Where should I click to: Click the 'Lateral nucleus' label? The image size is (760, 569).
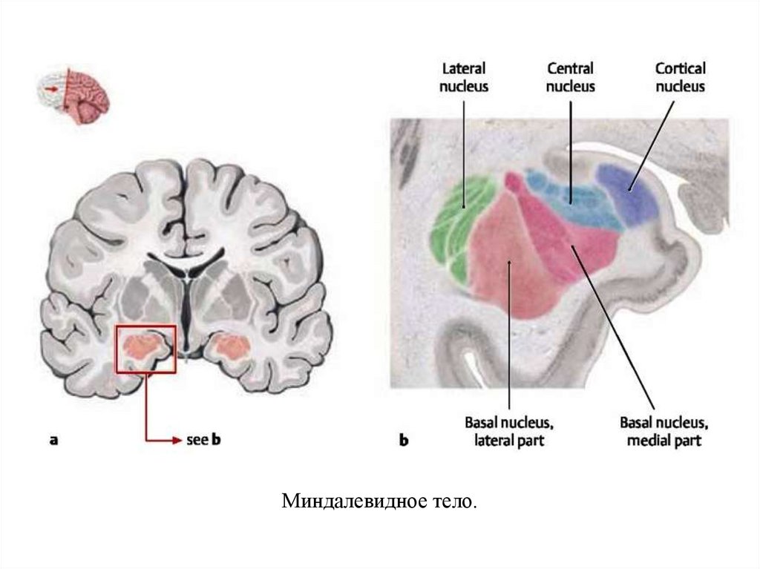click(x=464, y=77)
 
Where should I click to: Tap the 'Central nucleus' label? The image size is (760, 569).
click(x=571, y=77)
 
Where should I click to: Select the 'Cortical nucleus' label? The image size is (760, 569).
click(x=680, y=77)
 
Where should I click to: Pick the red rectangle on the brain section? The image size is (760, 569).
click(x=145, y=348)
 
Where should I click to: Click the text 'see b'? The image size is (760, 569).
click(x=204, y=440)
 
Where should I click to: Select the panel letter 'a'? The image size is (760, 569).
click(x=53, y=440)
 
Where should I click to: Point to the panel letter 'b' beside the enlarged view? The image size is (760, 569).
click(x=404, y=441)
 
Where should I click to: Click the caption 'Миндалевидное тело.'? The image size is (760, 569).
click(x=379, y=501)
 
